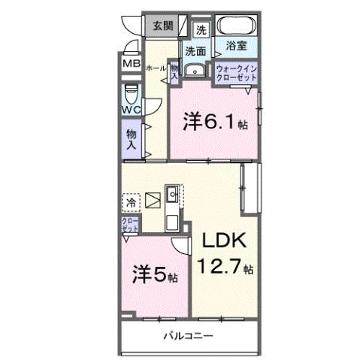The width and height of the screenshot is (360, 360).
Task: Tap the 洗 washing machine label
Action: (x=201, y=30)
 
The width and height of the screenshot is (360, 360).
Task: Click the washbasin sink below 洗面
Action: (x=196, y=71)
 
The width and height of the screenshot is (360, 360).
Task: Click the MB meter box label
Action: (x=132, y=65)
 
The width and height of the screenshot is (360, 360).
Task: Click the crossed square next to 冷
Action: (x=153, y=201)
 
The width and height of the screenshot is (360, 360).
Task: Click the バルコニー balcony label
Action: (x=189, y=336)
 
